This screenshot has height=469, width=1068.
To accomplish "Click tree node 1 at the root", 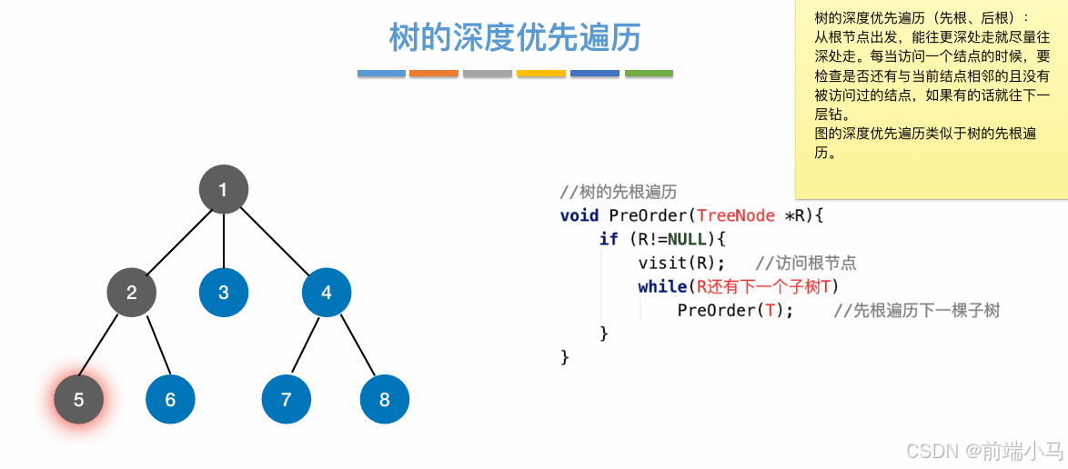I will tap(223, 190).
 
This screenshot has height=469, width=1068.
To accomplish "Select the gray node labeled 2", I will tap(132, 293).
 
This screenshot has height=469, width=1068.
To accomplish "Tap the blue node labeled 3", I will tap(224, 293).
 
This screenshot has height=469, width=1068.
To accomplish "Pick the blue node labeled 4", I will tap(327, 293).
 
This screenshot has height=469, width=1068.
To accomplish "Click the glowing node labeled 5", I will tap(78, 400).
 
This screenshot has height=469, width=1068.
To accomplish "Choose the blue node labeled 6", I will tap(170, 400).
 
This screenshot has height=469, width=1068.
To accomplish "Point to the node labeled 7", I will tap(287, 400).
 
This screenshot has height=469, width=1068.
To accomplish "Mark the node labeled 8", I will tap(385, 400).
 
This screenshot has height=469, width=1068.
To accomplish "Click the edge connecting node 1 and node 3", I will tap(224, 241).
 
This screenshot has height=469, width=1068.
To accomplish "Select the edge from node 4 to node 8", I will tap(356, 346).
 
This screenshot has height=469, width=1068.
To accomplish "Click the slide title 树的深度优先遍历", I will tap(515, 38).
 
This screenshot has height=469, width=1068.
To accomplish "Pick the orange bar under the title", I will tap(434, 74).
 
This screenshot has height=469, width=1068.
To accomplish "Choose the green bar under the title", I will tap(649, 74).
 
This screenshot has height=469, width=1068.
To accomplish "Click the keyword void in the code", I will tap(579, 215).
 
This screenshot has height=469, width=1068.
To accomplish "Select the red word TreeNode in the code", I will tap(735, 215).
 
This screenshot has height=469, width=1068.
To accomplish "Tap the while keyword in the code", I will tap(661, 286).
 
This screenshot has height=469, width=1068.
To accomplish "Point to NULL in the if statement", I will tap(687, 239).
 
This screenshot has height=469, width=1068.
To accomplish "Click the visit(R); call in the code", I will tap(681, 263).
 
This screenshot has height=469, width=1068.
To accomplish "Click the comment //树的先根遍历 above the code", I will tap(618, 192).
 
